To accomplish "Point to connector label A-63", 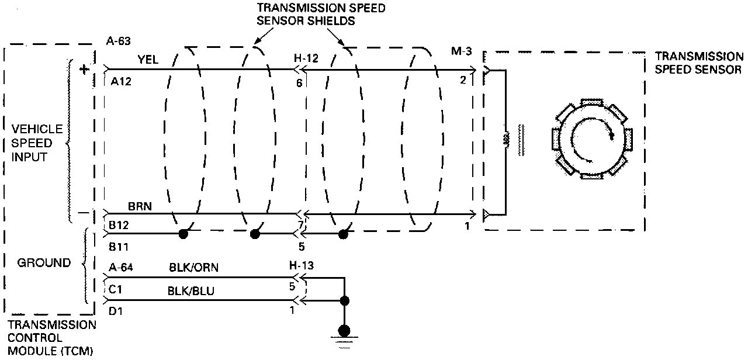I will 118,41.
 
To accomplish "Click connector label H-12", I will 305,58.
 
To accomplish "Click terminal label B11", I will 119,247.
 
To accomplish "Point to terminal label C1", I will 115,289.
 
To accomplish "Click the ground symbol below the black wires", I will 345,339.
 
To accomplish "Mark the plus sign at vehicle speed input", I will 84,70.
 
